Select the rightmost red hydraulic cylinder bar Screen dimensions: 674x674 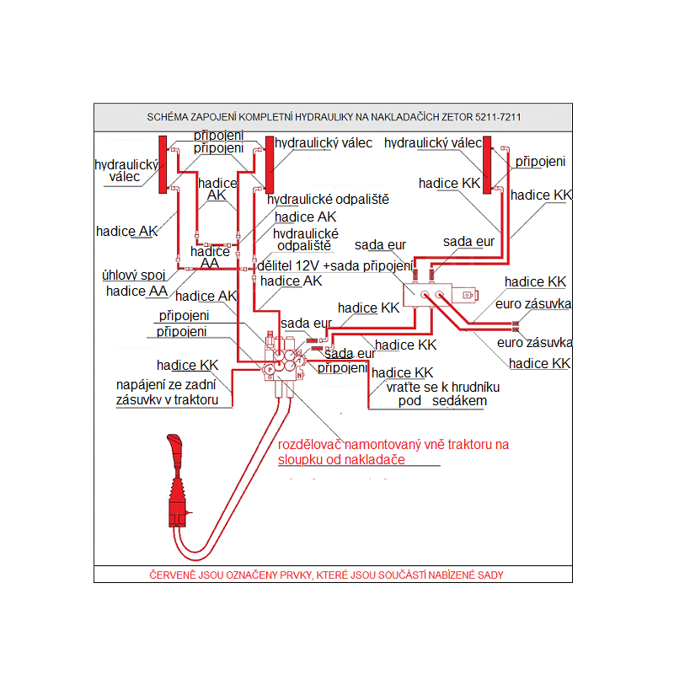point(488,166)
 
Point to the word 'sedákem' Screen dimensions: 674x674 point(459,401)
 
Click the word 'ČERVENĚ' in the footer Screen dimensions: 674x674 point(172,575)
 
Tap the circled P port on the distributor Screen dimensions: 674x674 point(270,369)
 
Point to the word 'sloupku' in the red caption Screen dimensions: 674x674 point(301,459)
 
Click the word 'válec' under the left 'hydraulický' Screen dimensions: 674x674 point(125,177)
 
